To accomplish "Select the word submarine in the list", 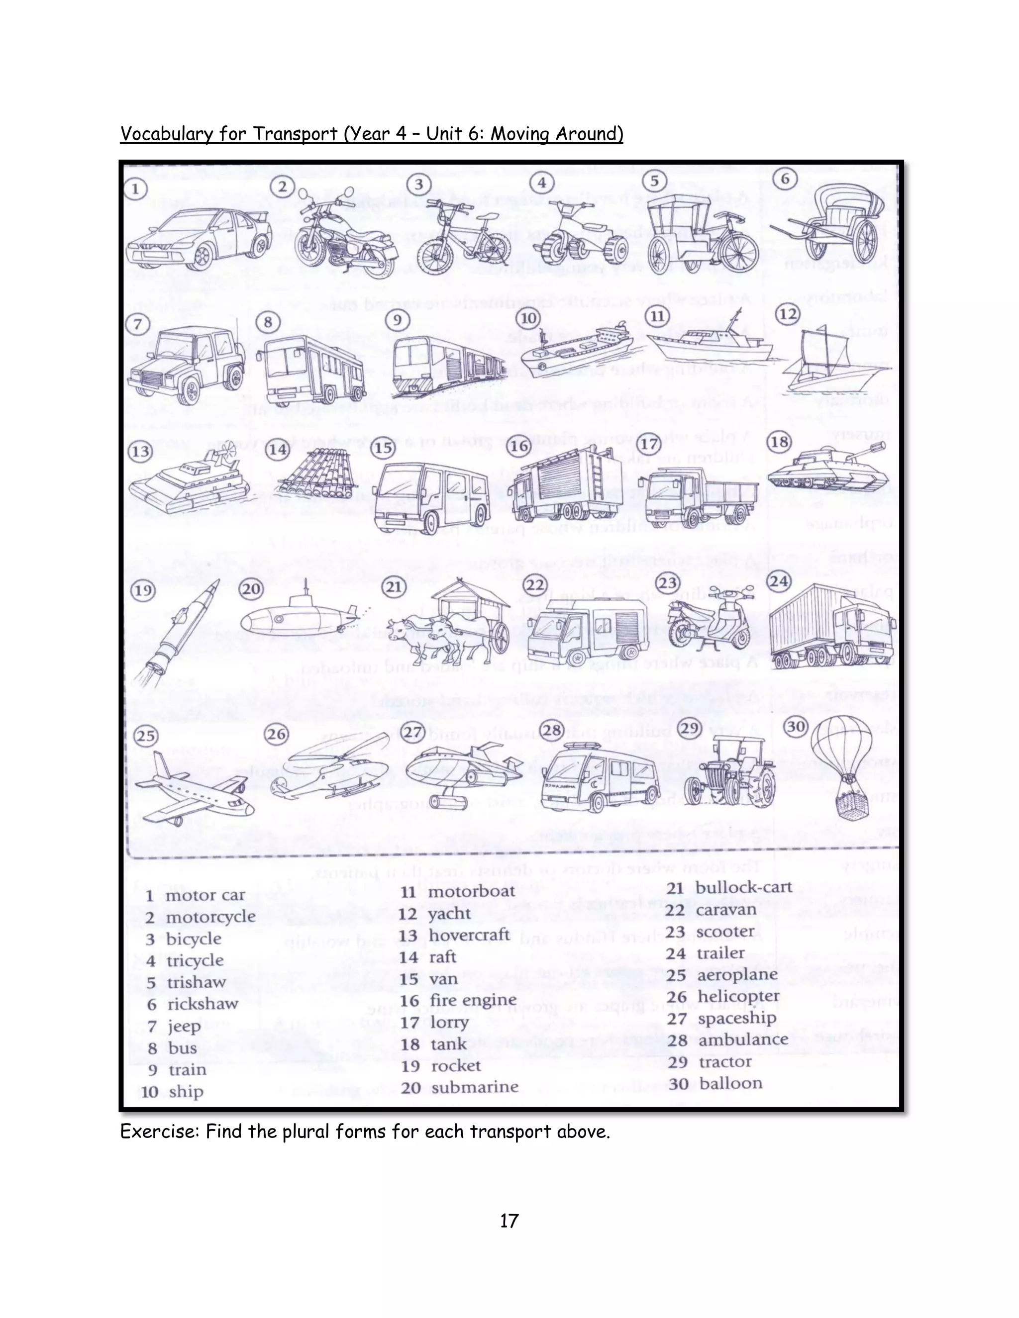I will pyautogui.click(x=475, y=1087).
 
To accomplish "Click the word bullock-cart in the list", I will pyautogui.click(x=743, y=888).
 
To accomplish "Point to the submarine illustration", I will pyautogui.click(x=302, y=617).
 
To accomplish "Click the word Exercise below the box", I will pyautogui.click(x=159, y=1131).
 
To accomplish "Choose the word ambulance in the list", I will pyautogui.click(x=743, y=1040).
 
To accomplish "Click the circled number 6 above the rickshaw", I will pyautogui.click(x=785, y=179).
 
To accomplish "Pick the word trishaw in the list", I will pyautogui.click(x=196, y=982).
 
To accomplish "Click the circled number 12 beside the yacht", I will pyautogui.click(x=788, y=314).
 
